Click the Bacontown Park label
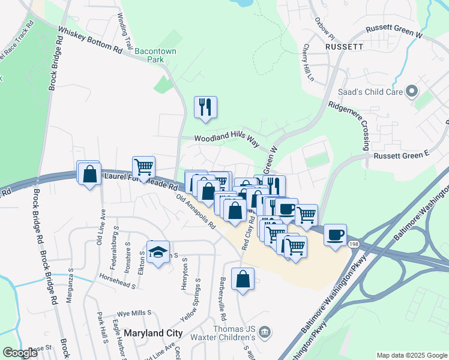click(155, 56)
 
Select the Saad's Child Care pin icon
click(411, 91)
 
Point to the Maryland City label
click(153, 332)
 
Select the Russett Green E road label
click(402, 155)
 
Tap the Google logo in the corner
click(20, 353)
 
